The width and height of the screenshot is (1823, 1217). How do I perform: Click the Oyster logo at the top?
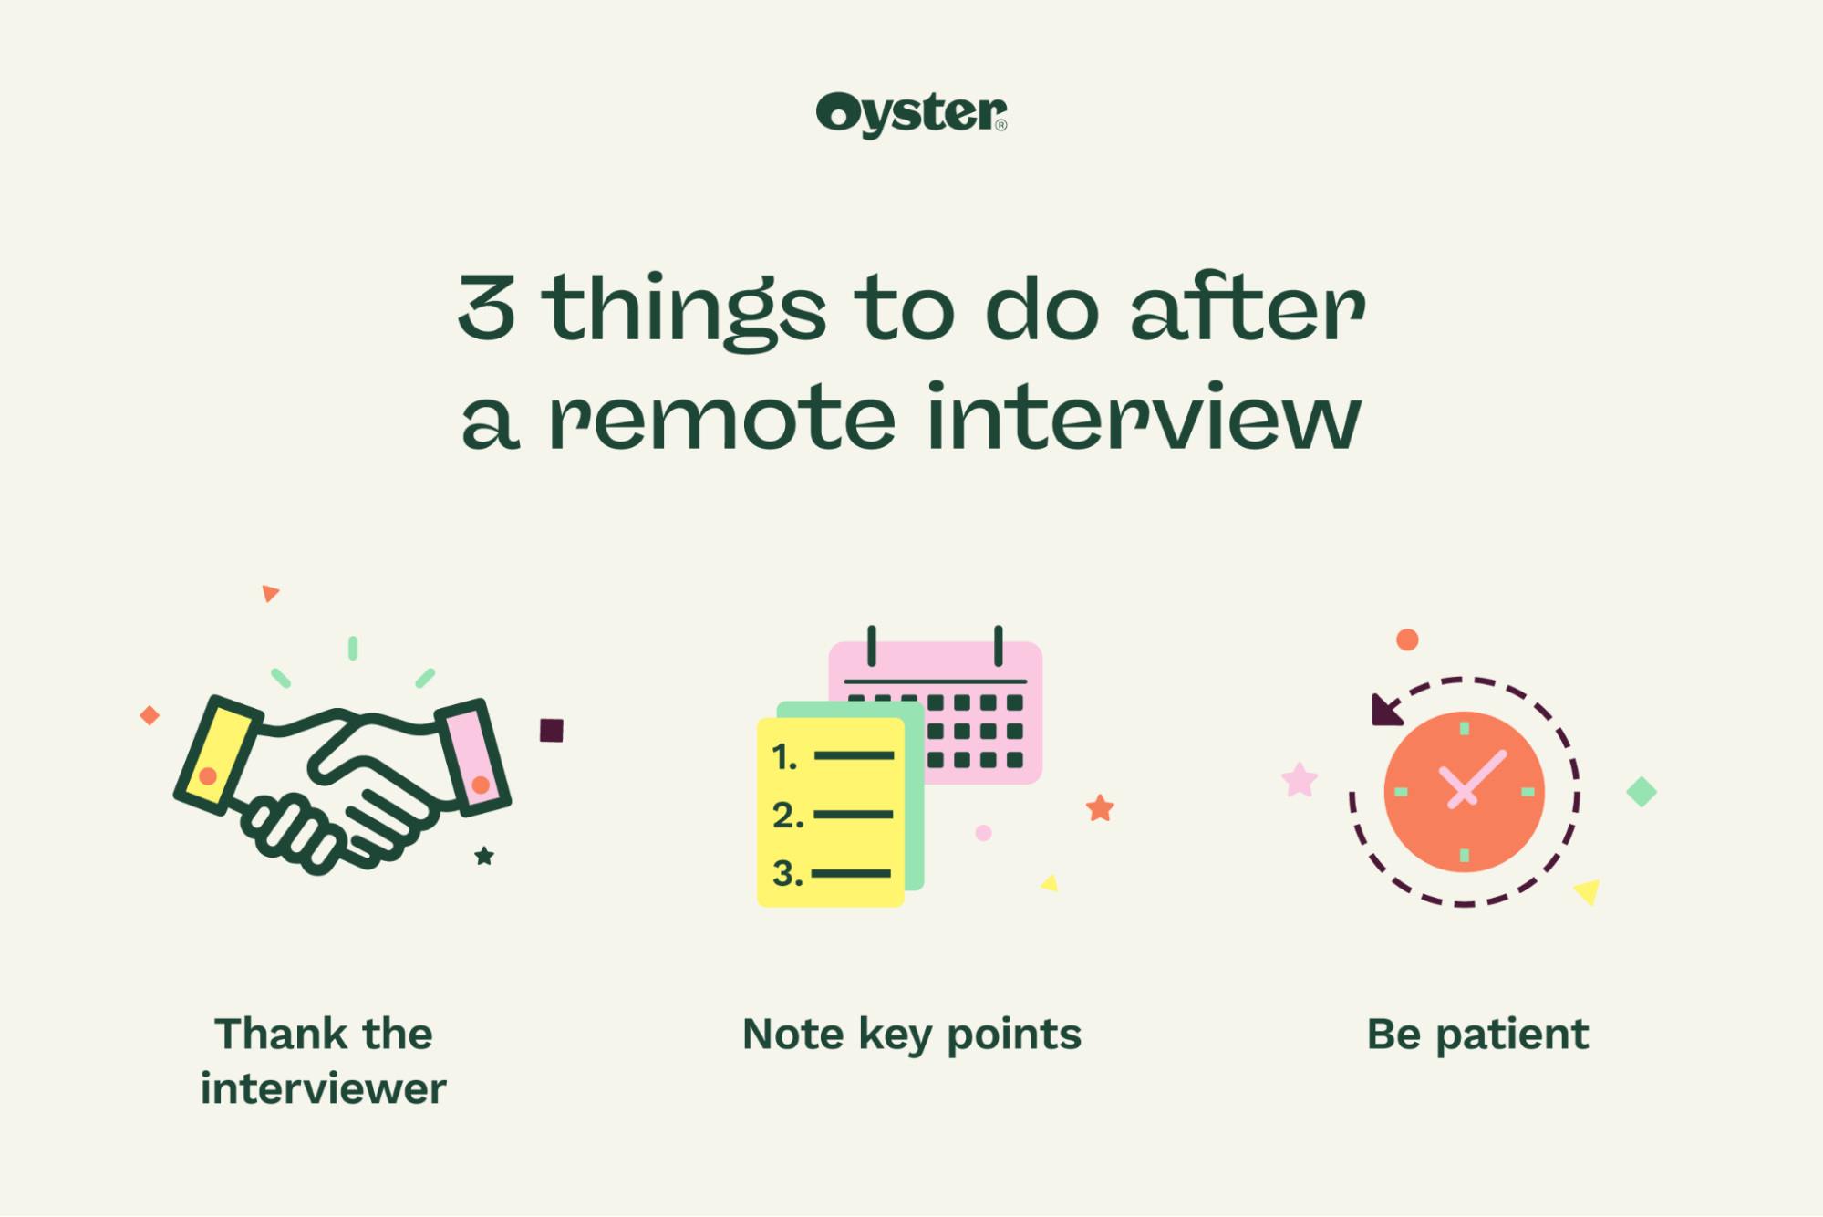coord(912,114)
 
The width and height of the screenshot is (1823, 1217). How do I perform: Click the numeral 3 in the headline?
coord(487,308)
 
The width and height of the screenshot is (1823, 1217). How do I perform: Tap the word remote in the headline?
coord(722,418)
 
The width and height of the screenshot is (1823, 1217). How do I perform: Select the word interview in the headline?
coord(1145,416)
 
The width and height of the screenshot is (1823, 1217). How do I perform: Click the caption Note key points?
coord(912,1035)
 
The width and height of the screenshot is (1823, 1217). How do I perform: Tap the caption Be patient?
coord(1477,1035)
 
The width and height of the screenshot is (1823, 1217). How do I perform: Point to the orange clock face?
coord(1464,792)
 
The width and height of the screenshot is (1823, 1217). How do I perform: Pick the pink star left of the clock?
coord(1300,780)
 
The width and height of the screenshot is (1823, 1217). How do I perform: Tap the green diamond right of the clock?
coord(1642,792)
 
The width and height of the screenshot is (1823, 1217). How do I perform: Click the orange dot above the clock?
coord(1407,640)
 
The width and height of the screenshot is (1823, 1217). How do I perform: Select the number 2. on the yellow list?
coord(788,815)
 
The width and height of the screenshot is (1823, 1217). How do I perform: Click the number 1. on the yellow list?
coord(784,756)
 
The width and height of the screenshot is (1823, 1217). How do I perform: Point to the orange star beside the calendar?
coord(1100,807)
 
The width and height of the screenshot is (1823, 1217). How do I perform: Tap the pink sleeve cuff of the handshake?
coord(473,755)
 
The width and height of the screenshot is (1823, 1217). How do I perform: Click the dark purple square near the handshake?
coord(552,730)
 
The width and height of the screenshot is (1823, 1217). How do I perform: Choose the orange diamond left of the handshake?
coord(150,715)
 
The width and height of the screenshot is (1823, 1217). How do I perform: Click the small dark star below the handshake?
coord(484,856)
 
